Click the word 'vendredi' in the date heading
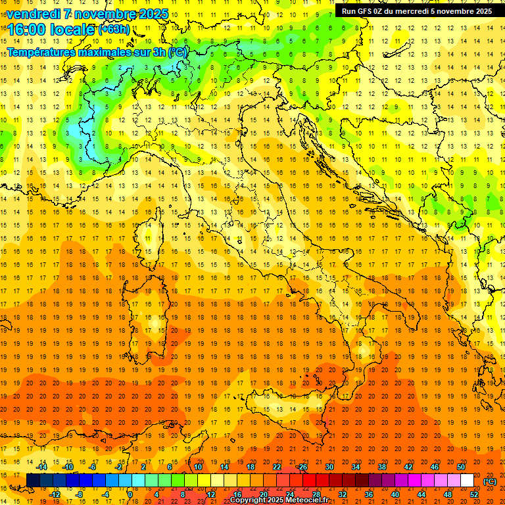(34, 14)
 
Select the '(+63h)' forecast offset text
(114, 29)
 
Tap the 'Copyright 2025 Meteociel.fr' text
(279, 500)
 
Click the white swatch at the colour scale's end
(467, 481)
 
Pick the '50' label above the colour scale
(461, 467)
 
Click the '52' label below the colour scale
(473, 494)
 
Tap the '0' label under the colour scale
(130, 494)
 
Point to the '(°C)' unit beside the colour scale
(489, 481)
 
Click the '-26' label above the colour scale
(302, 467)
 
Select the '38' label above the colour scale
(382, 467)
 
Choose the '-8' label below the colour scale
(79, 494)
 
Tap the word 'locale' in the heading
(70, 30)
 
